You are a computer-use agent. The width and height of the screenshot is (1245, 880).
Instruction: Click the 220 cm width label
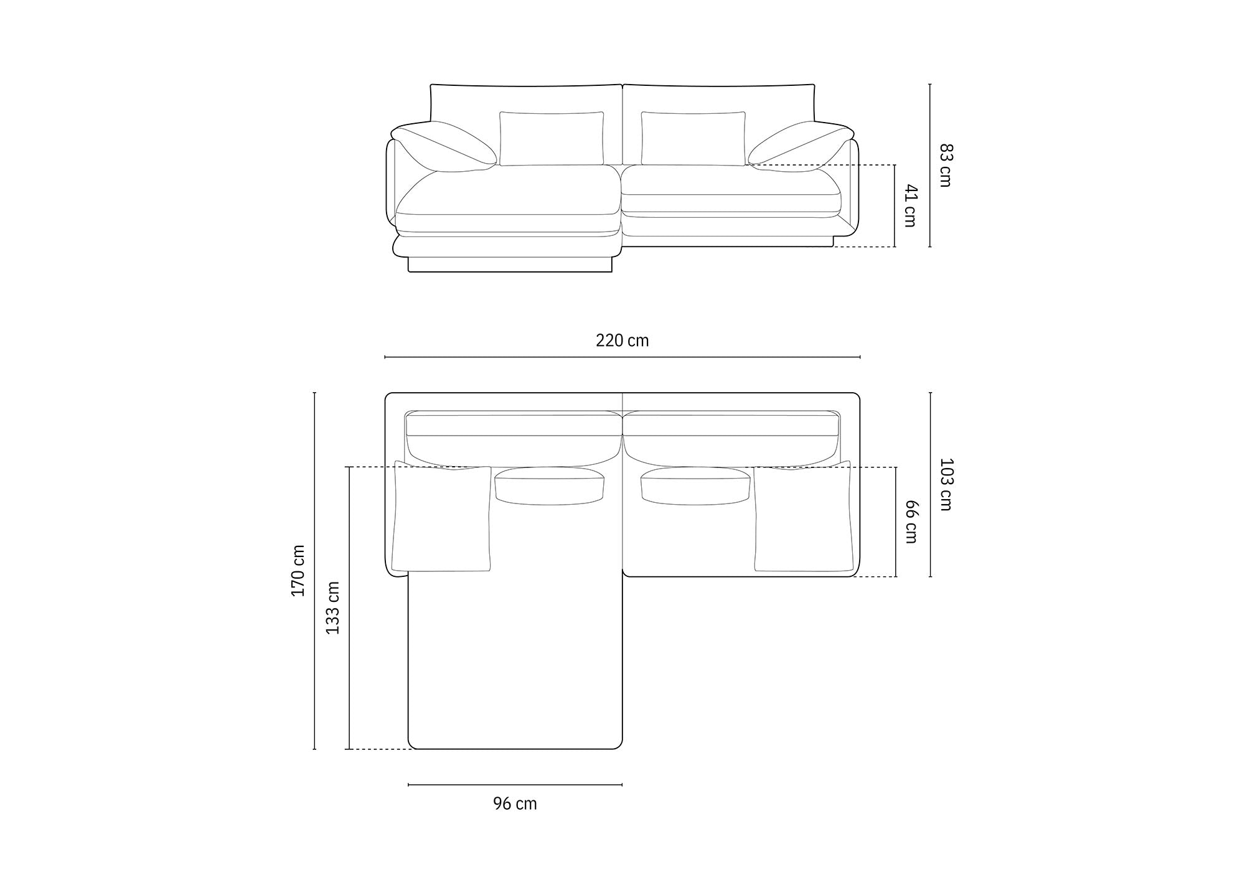[622, 340]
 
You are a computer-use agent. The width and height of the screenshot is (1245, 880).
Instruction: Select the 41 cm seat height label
[911, 205]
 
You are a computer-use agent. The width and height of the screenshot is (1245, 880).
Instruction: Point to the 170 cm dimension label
[298, 571]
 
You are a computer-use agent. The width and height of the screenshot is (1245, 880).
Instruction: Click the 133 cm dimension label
[333, 607]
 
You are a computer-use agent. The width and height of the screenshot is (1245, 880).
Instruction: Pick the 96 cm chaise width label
[515, 803]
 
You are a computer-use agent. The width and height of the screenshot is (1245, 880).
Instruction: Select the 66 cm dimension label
[911, 522]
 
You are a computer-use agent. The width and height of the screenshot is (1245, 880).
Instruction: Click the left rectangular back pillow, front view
[552, 139]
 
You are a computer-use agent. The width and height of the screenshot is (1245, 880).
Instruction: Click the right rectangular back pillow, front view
[693, 139]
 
